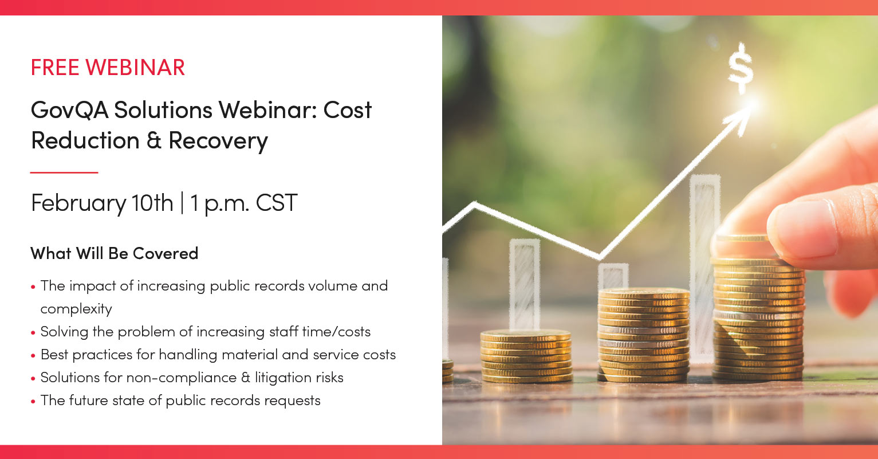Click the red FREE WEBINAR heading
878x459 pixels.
coord(108,68)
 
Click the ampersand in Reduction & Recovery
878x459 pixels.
coord(154,141)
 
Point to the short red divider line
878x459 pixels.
coord(64,172)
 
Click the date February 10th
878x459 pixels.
coord(102,203)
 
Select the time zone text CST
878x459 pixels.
coord(277,203)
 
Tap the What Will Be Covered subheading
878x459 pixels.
coord(114,253)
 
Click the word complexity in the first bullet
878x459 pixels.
coord(76,309)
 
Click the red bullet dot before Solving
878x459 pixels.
coord(34,332)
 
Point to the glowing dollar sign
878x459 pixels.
coord(740,68)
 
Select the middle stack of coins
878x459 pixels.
coord(643,335)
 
